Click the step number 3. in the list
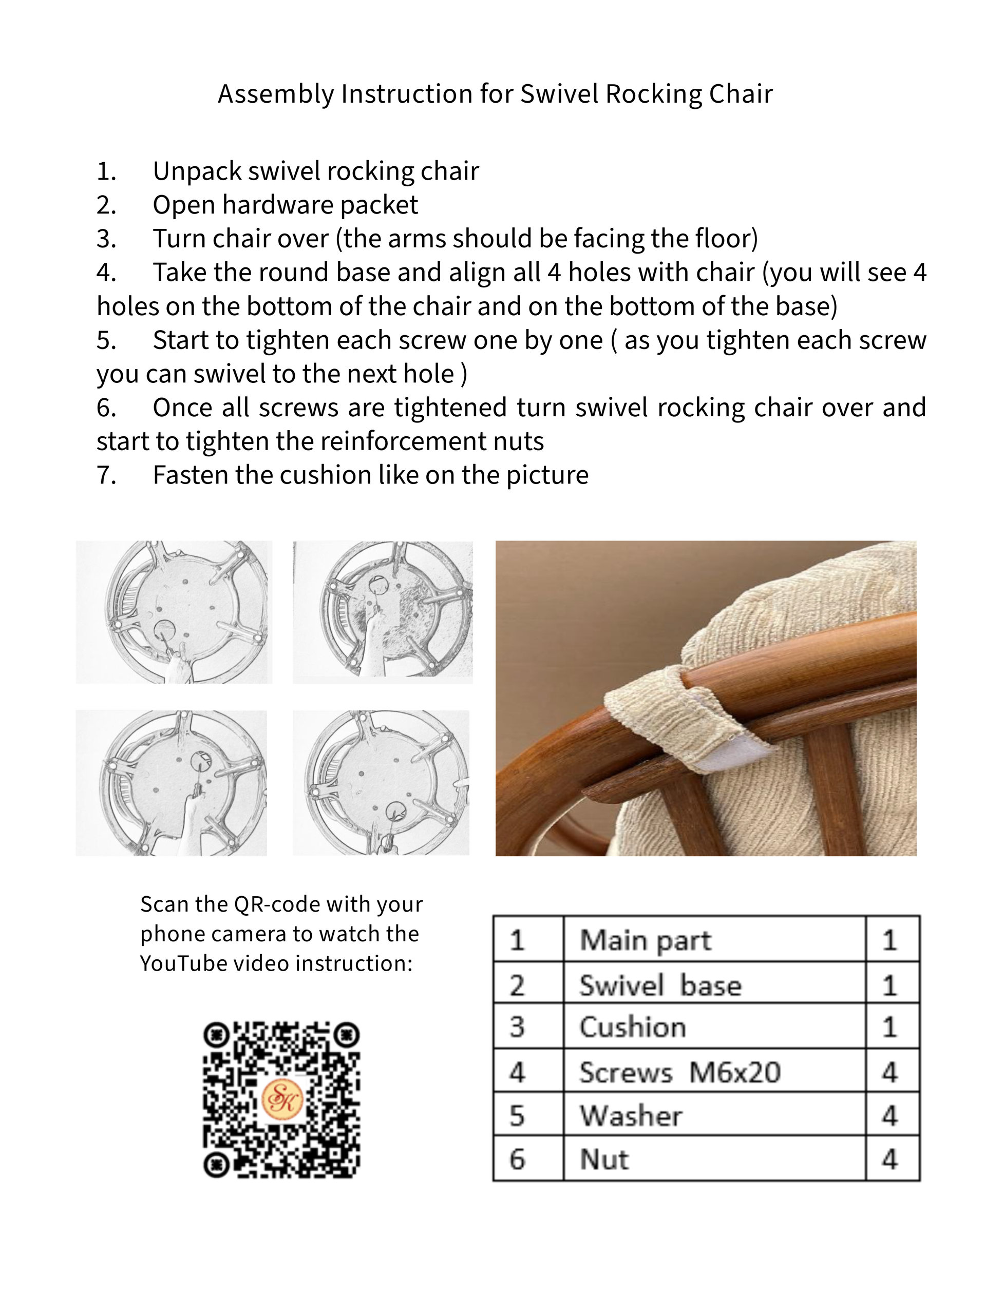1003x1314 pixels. pyautogui.click(x=106, y=239)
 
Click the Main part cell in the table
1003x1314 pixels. pyautogui.click(x=714, y=940)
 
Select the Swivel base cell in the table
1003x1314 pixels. pyautogui.click(x=714, y=983)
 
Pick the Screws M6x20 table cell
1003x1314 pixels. pyautogui.click(x=714, y=1072)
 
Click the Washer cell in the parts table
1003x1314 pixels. pyautogui.click(x=714, y=1115)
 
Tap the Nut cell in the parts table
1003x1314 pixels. pyautogui.click(x=714, y=1159)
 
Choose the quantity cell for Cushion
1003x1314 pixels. pyautogui.click(x=892, y=1027)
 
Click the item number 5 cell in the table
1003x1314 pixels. pyautogui.click(x=528, y=1115)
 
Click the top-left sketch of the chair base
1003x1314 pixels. pyautogui.click(x=174, y=612)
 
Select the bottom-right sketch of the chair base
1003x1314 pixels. pyautogui.click(x=381, y=782)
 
